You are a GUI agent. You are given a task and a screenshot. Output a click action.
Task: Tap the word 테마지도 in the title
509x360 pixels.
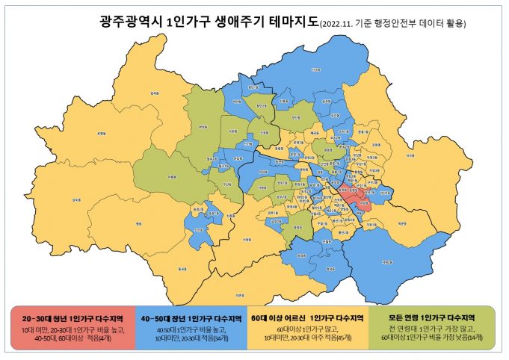[x=291, y=22]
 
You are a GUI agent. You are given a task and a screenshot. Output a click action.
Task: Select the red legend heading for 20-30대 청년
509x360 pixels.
[x=73, y=317]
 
